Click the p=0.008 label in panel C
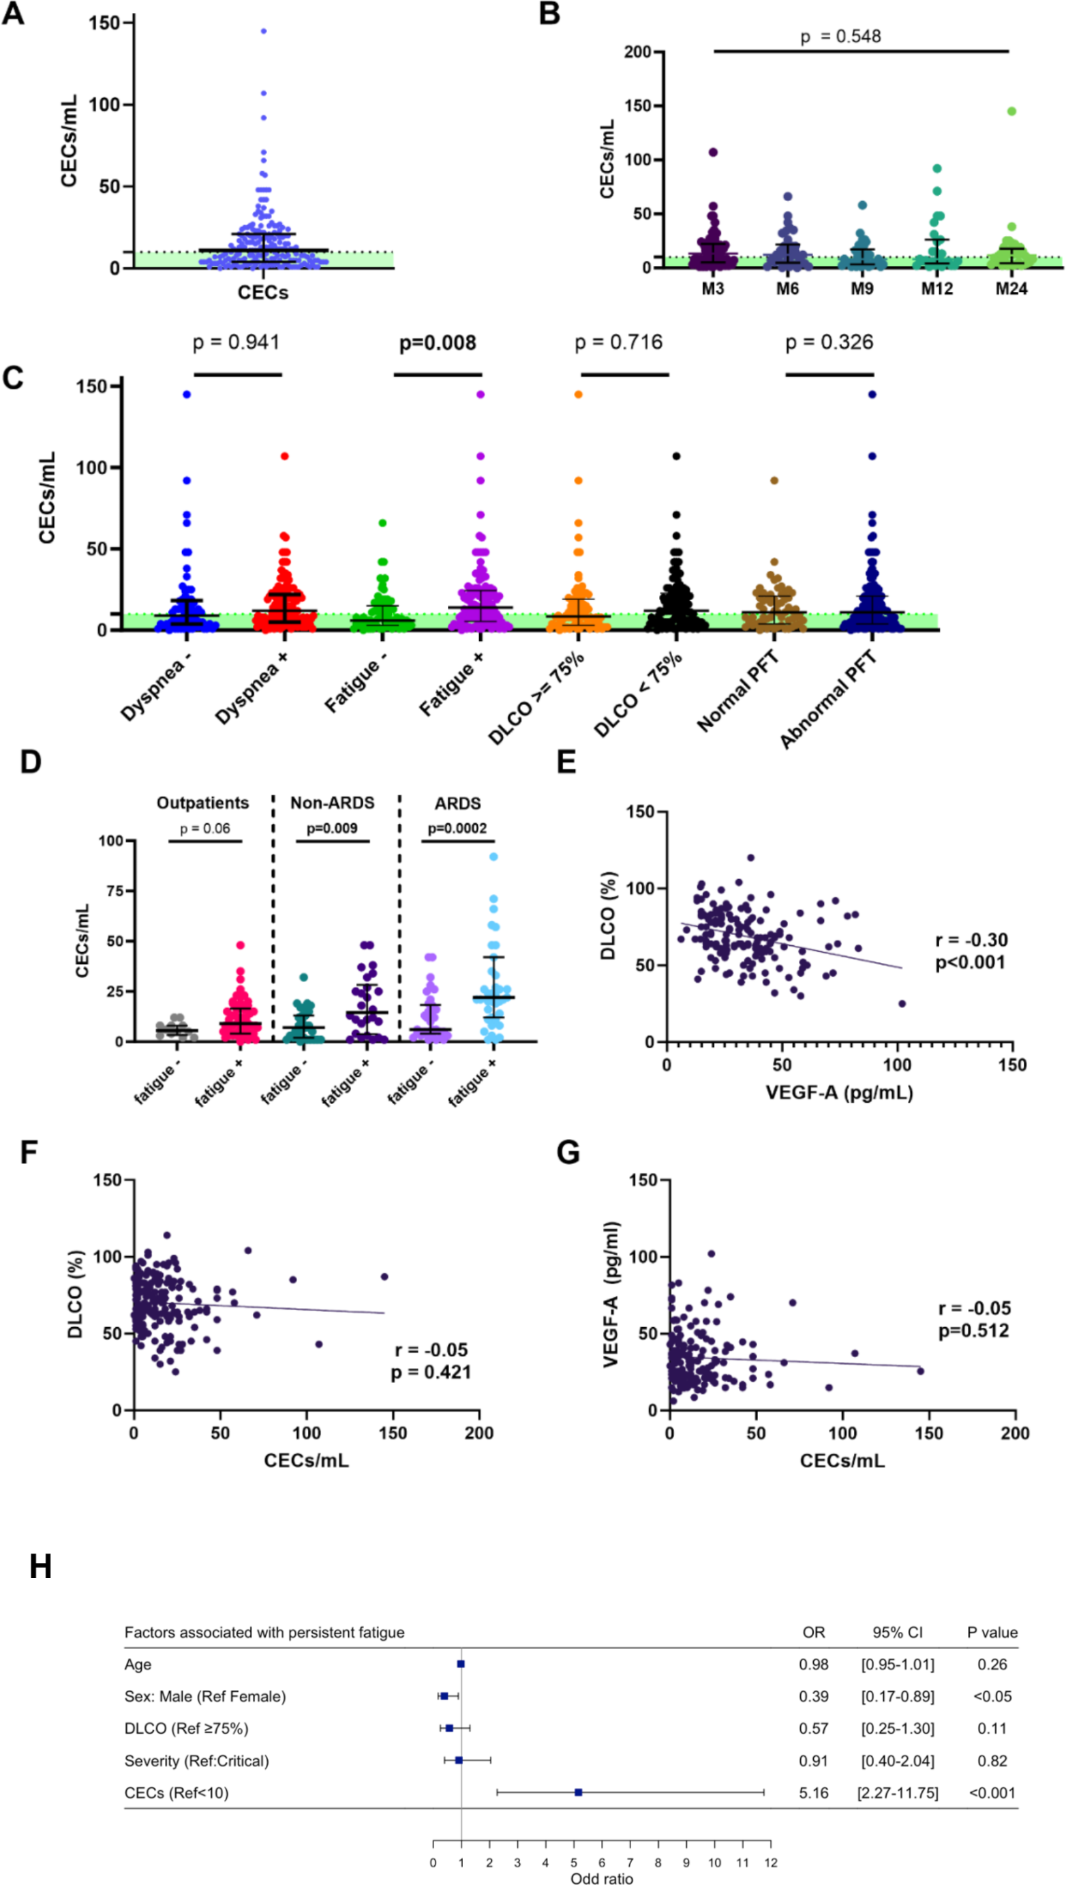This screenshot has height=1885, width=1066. [437, 343]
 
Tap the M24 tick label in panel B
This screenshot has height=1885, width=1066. [1011, 288]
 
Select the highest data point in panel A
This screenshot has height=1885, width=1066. [264, 31]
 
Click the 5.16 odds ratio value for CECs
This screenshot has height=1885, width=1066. [813, 1793]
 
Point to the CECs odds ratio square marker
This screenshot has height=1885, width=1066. [579, 1792]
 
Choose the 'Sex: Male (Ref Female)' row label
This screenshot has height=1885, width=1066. [205, 1696]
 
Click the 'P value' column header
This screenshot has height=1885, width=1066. [992, 1633]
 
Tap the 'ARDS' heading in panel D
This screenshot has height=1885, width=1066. [457, 803]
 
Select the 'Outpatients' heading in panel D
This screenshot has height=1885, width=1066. [203, 803]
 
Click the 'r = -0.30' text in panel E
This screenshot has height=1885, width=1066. [971, 940]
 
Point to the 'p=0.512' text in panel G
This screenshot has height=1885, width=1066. [974, 1331]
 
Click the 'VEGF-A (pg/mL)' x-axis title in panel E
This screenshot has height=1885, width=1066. [839, 1093]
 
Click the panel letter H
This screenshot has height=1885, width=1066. [40, 1568]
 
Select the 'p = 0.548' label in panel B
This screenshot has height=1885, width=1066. [840, 37]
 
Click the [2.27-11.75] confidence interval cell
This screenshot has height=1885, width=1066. [898, 1793]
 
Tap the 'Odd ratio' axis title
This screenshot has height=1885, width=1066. [602, 1877]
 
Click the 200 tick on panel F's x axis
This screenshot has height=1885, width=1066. [480, 1433]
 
